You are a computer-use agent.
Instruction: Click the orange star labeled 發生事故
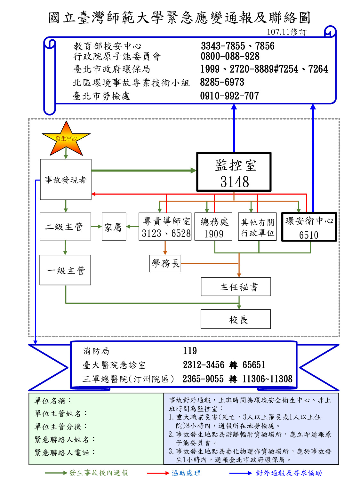[x=66, y=139]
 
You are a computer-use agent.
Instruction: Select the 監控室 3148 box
[x=234, y=172]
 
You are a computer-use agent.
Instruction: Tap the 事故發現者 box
[x=66, y=180]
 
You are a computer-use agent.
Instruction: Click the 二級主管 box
[x=65, y=227]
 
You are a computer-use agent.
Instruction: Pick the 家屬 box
[x=114, y=227]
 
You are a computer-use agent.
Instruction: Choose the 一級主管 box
[x=65, y=270]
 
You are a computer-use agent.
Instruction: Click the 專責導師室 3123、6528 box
[x=165, y=227]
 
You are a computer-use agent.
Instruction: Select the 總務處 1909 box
[x=213, y=227]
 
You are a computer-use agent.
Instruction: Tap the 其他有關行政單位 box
[x=257, y=227]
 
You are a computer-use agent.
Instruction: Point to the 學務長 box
[x=165, y=264]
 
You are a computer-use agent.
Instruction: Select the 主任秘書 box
[x=236, y=287]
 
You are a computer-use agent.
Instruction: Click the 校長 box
[x=236, y=319]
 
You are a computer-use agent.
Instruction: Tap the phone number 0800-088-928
[x=230, y=57]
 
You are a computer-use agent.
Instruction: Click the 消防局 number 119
[x=190, y=351]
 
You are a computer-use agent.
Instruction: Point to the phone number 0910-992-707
[x=229, y=96]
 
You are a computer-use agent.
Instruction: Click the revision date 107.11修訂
[x=286, y=32]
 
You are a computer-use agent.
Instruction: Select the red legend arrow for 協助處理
[x=158, y=473]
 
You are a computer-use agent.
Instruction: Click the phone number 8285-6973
[x=222, y=83]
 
